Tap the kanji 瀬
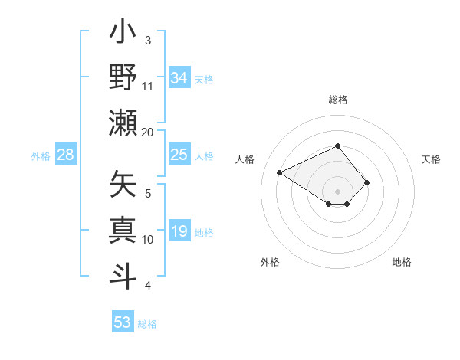coord(123,123)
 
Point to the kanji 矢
coord(123,185)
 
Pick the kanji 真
coord(123,230)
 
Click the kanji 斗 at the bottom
coord(123,274)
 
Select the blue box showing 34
coord(179,77)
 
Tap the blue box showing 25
coord(179,155)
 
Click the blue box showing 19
coord(179,231)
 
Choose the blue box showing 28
coord(65,155)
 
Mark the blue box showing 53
coord(122,322)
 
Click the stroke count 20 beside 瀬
coord(148,132)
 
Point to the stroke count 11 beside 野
coord(148,86)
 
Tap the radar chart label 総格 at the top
coord(337,100)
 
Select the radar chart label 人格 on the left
coord(245,159)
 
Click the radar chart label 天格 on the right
coord(431,159)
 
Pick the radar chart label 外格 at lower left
coord(270,262)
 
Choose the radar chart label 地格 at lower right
coord(402,262)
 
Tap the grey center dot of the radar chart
coord(337,191)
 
